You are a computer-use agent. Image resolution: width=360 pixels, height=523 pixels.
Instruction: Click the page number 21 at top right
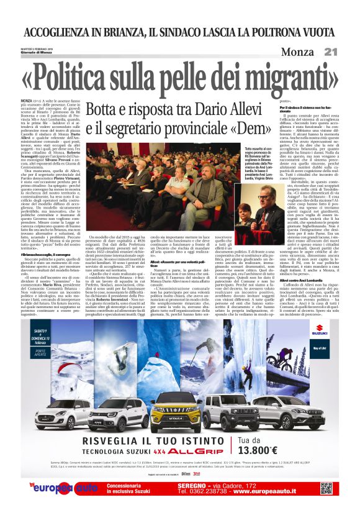(x=330, y=51)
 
